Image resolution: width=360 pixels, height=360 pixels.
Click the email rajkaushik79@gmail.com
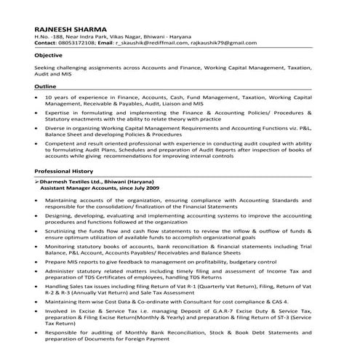pyautogui.click(x=218, y=44)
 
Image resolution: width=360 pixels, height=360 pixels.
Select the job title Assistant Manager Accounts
pyautogui.click(x=76, y=188)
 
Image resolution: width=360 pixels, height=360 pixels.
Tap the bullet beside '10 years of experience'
pyautogui.click(x=36, y=97)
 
